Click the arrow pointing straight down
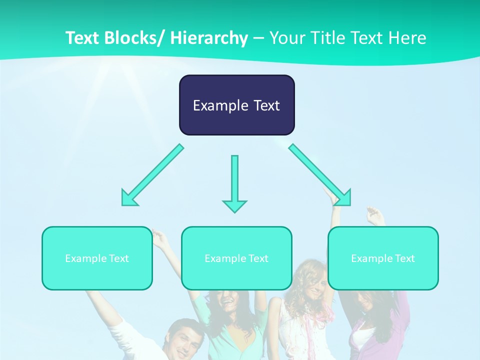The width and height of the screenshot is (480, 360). [234, 180]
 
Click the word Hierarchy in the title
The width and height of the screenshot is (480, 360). [209, 38]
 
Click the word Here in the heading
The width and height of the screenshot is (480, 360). [407, 38]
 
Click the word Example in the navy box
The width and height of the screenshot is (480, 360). [220, 105]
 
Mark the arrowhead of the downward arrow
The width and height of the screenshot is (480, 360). [234, 205]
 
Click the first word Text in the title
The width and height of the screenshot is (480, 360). [83, 38]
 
